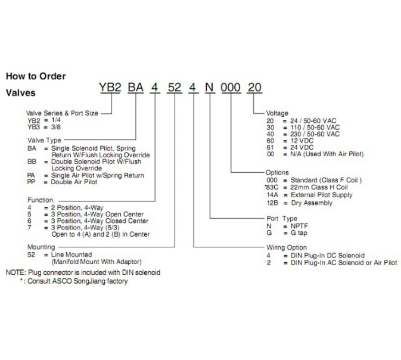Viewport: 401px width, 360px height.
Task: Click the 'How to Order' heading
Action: click(36, 76)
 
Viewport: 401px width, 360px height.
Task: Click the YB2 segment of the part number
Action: click(110, 87)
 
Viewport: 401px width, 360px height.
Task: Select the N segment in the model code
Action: click(209, 87)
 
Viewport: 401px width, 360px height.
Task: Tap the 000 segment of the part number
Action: click(231, 88)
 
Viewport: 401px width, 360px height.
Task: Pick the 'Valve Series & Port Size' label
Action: click(62, 113)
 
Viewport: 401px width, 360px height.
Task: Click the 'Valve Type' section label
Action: click(44, 140)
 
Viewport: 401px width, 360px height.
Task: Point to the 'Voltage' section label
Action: click(277, 113)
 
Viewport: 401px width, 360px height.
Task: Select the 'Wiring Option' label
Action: click(287, 247)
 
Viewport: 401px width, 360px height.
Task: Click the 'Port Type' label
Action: click(282, 219)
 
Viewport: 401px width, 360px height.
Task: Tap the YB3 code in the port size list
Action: click(34, 127)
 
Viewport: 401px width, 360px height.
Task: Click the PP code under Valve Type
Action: click(31, 182)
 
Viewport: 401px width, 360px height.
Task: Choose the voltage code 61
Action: click(270, 147)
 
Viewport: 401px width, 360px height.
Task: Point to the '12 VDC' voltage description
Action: click(301, 141)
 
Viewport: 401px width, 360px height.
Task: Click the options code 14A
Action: click(272, 195)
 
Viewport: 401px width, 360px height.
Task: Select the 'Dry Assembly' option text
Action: click(312, 203)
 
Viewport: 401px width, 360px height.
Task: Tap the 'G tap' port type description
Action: click(299, 233)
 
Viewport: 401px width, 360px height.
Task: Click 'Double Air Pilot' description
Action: click(74, 182)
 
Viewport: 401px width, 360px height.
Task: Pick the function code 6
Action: click(29, 221)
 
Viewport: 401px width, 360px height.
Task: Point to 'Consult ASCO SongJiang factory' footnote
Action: click(77, 281)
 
